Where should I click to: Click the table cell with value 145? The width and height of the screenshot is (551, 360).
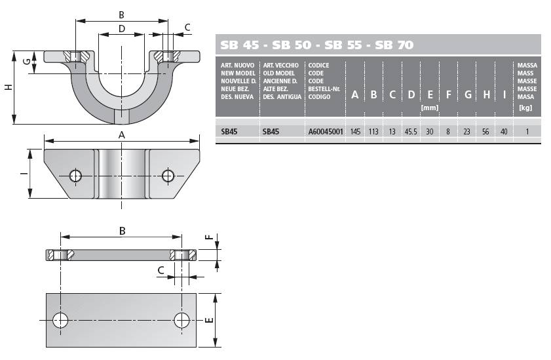tap(355, 132)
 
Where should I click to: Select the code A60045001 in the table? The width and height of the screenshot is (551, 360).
tap(326, 132)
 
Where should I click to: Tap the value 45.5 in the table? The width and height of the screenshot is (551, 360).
tap(411, 132)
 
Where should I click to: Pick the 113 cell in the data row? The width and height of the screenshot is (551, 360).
tap(373, 132)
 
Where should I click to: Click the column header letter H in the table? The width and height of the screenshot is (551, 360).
tap(486, 94)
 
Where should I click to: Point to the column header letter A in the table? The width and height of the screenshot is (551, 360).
tap(355, 94)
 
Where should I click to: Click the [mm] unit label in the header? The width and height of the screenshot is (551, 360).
tap(429, 108)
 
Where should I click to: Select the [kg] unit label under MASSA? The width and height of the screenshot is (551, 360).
tap(525, 108)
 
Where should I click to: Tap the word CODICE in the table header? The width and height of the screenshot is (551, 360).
tap(318, 66)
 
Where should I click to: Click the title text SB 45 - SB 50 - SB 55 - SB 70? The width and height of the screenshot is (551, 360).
tap(316, 45)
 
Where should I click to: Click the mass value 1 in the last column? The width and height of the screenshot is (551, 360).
tap(527, 132)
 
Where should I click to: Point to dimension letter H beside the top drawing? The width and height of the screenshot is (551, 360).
tap(9, 87)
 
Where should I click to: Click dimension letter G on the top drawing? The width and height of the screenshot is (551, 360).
tap(26, 62)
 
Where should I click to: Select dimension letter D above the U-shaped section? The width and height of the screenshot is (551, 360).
tap(122, 28)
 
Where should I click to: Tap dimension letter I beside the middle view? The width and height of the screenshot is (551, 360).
tap(24, 173)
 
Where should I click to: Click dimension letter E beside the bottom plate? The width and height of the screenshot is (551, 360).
tap(209, 320)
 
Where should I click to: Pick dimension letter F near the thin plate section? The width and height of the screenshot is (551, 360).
tap(209, 237)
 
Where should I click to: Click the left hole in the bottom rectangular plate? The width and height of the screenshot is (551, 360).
tap(60, 320)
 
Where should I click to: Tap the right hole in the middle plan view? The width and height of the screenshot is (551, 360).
tap(168, 176)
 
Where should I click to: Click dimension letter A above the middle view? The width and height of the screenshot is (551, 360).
tap(122, 134)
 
